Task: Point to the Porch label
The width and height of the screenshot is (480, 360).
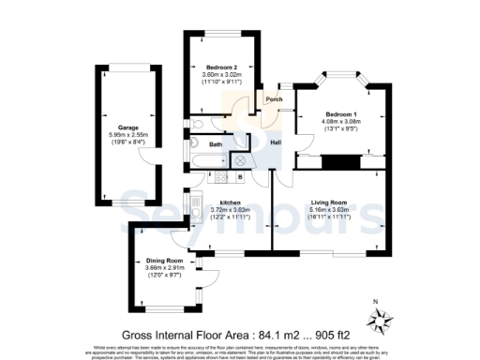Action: [x=274, y=99]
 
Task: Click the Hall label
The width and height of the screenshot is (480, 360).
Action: [x=277, y=142]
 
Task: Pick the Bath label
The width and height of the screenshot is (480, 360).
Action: [x=216, y=145]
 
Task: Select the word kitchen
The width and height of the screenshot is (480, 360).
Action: [x=232, y=202]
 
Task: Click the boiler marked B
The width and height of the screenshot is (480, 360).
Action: [x=240, y=176]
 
